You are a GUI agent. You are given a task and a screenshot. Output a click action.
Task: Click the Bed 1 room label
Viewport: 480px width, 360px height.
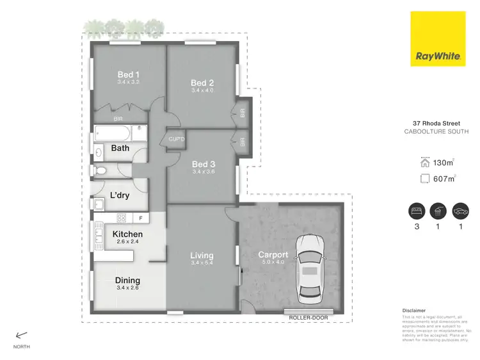129,75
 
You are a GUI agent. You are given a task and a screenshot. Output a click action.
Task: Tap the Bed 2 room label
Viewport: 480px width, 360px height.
202,83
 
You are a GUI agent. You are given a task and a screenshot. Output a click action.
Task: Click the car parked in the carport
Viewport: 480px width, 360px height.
310,268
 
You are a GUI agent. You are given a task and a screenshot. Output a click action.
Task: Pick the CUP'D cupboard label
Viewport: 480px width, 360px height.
176,140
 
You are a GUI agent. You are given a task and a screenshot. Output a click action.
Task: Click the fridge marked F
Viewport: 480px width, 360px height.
141,218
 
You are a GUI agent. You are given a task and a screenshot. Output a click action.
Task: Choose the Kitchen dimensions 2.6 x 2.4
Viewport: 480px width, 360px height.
127,242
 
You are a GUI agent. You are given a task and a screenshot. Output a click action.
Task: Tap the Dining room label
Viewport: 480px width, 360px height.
127,281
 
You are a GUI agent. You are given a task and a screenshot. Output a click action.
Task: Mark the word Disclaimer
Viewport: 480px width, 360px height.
413,310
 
